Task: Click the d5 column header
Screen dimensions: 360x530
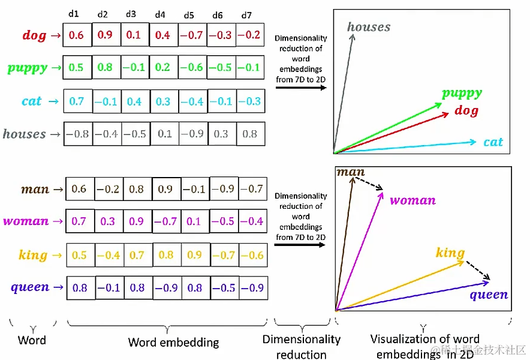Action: coord(189,15)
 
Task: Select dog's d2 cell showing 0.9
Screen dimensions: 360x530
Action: coord(105,35)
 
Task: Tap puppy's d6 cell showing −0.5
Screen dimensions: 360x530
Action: coord(221,67)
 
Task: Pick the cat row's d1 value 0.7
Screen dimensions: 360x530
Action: coord(77,101)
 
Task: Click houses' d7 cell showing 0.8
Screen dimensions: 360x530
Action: coord(250,134)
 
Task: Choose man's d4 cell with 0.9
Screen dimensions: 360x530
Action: coord(166,189)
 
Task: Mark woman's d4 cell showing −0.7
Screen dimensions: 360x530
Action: coord(166,221)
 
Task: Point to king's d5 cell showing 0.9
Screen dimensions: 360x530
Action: coord(195,254)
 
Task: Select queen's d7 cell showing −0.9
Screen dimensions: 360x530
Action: coord(252,287)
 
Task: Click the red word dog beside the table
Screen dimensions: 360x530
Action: coord(34,35)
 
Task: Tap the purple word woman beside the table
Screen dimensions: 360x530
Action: coord(26,221)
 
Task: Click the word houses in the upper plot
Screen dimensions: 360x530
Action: coord(369,27)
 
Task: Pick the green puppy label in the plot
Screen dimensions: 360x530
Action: coord(462,93)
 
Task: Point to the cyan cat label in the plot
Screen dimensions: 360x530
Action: coord(493,142)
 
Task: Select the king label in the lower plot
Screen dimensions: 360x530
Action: coord(450,253)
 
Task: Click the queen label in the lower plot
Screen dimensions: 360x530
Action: coord(488,295)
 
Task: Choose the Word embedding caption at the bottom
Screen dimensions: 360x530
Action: coord(173,343)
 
